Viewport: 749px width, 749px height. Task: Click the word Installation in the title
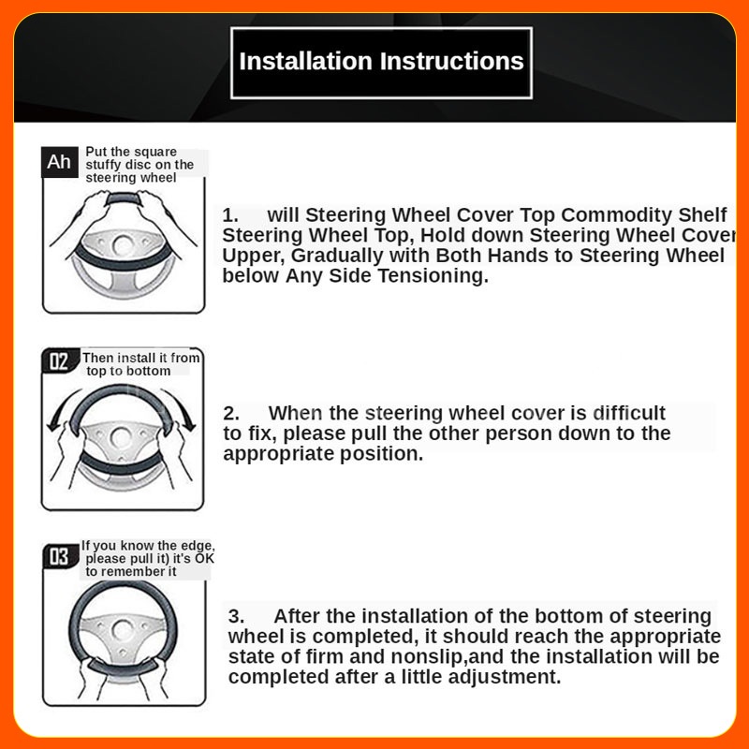coord(305,61)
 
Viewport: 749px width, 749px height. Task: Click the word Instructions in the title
coord(452,61)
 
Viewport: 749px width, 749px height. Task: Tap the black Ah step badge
coord(60,162)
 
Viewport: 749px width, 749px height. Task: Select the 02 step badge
coord(59,361)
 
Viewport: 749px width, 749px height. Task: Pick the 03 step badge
coord(60,556)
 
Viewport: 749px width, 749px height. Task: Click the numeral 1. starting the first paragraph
coord(230,215)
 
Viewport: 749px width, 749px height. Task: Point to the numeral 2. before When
coord(231,413)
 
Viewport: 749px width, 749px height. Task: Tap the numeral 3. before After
coord(236,616)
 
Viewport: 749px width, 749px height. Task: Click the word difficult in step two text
coord(629,413)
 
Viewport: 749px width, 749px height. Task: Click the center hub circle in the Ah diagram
coord(124,245)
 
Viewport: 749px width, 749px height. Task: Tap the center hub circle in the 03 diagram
coord(123,630)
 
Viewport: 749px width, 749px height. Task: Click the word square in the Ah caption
coord(154,153)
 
